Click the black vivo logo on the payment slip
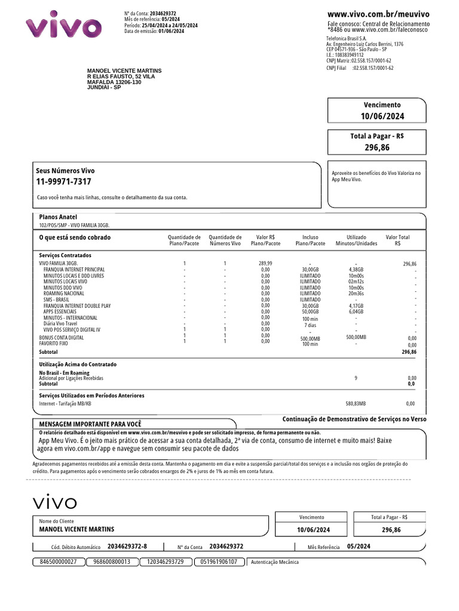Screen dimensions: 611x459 54,502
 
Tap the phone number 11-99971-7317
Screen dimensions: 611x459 64,182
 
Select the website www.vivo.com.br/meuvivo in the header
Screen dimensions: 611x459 378,14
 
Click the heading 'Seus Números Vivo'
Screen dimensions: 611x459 65,171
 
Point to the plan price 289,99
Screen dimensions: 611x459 265,263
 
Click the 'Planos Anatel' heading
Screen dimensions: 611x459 58,217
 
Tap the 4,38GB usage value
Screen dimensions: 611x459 356,270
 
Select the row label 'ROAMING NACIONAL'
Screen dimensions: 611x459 64,294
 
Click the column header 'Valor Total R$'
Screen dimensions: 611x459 397,240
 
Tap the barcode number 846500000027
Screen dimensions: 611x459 58,561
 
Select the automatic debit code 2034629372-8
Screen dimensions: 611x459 127,546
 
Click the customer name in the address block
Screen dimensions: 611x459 124,70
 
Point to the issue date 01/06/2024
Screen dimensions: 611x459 172,32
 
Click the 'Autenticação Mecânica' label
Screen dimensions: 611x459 275,562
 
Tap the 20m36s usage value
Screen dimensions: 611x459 356,294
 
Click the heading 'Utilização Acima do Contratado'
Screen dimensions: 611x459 78,364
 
